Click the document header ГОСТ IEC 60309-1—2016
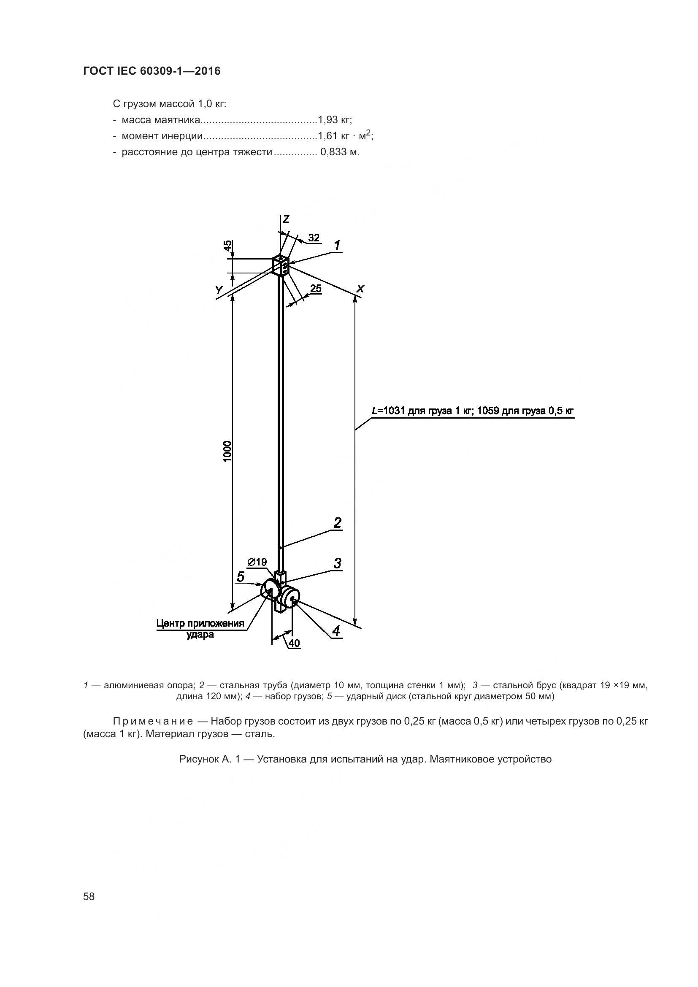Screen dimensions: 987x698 tap(152, 71)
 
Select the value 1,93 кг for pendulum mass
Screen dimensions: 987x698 tap(335, 120)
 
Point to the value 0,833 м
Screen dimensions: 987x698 tap(340, 152)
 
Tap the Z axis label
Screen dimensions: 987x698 tap(286, 219)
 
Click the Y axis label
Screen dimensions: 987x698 tap(219, 291)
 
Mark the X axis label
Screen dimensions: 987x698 tap(360, 289)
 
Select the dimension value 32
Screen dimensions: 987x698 tap(314, 238)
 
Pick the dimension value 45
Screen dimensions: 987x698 tap(228, 246)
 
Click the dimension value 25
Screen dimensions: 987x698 tap(316, 289)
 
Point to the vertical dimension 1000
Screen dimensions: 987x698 tap(227, 451)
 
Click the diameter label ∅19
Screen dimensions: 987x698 tap(257, 562)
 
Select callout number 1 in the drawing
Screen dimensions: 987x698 tap(338, 246)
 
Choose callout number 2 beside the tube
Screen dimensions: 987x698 tap(338, 523)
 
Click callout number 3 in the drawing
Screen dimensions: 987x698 tap(338, 563)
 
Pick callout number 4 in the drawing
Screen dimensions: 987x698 tap(336, 630)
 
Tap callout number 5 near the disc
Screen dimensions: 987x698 tap(241, 576)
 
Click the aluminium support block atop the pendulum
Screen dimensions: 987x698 tap(281, 266)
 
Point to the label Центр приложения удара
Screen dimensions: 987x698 tap(200, 628)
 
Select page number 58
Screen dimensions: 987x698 tap(89, 896)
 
